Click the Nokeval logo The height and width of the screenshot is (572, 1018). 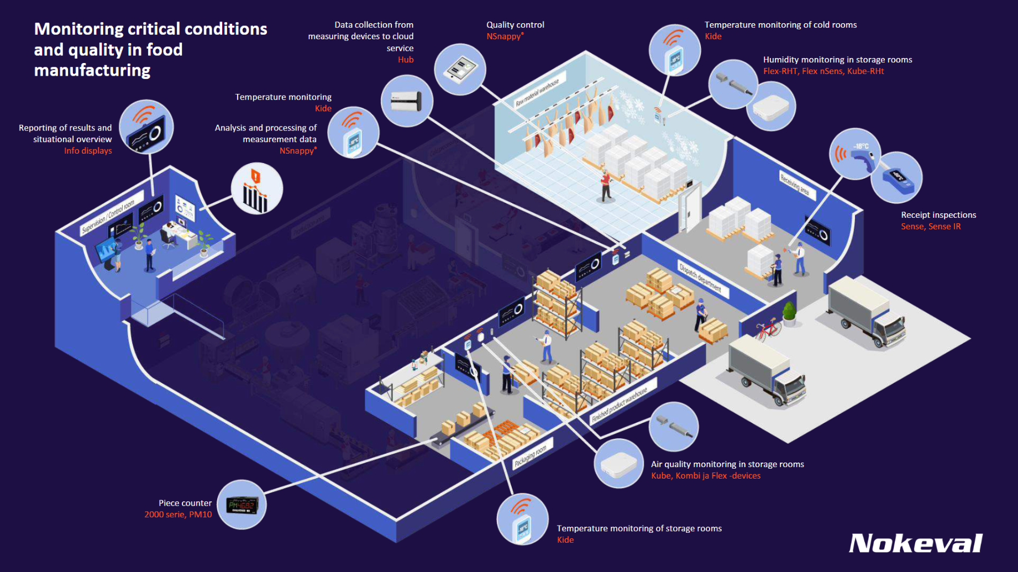coord(915,543)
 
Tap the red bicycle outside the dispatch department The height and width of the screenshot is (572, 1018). coord(768,329)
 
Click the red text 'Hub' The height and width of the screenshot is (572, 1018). coord(405,60)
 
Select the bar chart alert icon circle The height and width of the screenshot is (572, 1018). coord(256,189)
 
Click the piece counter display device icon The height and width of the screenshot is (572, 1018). coord(242,505)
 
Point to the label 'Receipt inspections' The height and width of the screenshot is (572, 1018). coord(938,215)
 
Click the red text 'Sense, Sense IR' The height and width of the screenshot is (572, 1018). coord(930,227)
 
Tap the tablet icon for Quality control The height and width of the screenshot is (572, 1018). coord(460,70)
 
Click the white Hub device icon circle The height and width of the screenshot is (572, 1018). coord(407,101)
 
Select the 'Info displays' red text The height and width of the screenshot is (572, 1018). coord(88,151)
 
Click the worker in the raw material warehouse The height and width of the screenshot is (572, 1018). coord(606,186)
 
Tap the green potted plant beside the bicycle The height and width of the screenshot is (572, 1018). coord(789,313)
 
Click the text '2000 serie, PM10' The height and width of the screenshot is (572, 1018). coord(178,515)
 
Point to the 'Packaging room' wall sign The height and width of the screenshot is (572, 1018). coord(530,456)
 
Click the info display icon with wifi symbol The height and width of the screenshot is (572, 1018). coord(146,127)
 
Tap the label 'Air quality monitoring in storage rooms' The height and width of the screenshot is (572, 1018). coord(727,464)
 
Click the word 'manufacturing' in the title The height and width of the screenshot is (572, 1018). coord(92,70)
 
